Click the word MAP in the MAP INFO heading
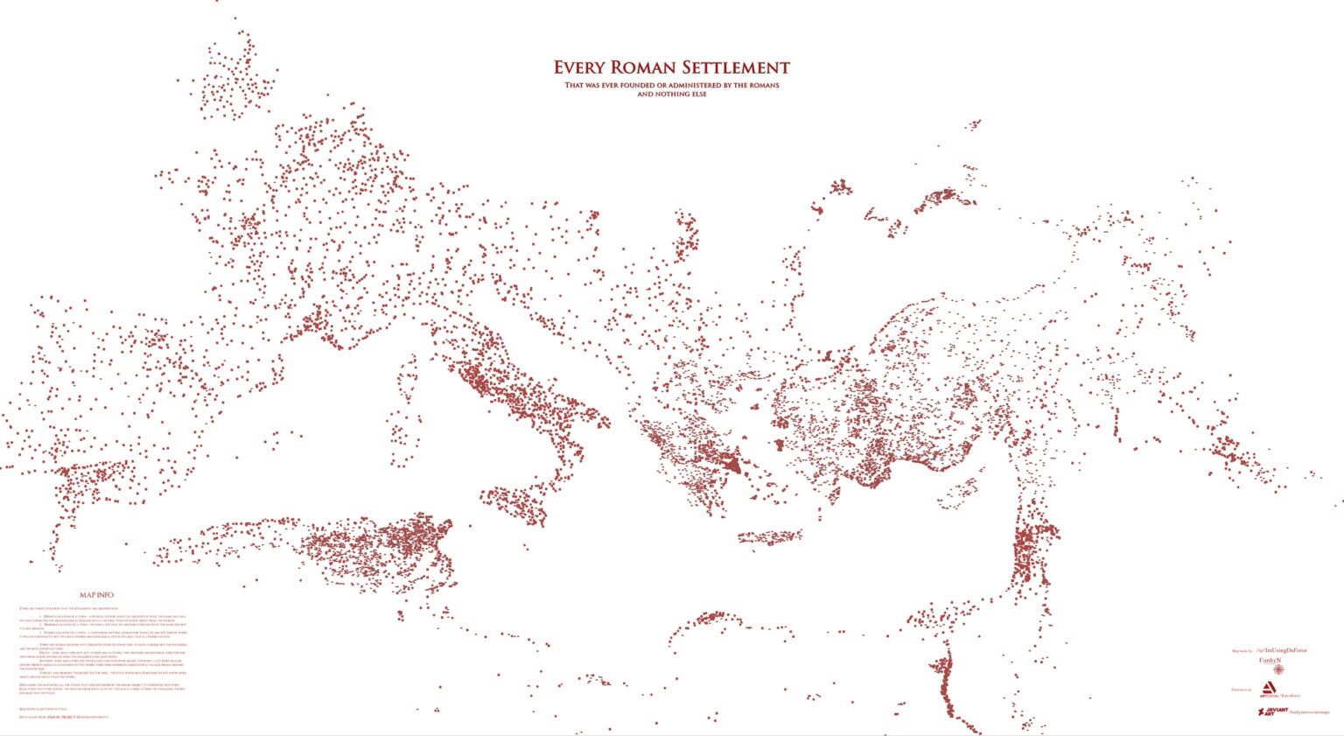click(x=87, y=595)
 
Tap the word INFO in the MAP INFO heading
click(x=106, y=595)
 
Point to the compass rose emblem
click(x=1279, y=669)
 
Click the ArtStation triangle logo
click(x=1265, y=689)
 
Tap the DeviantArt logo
click(x=1266, y=711)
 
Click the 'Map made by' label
click(x=1242, y=651)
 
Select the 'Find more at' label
click(x=1241, y=690)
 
